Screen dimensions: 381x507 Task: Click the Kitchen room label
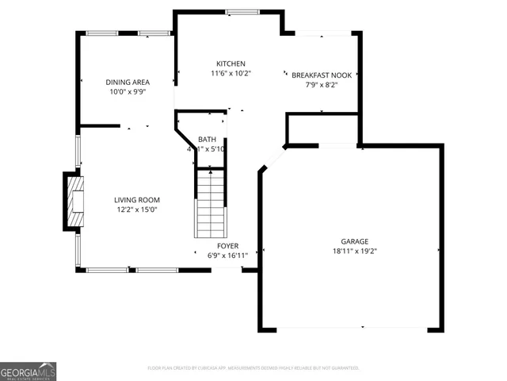(231, 63)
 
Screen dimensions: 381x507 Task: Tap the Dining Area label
(128, 82)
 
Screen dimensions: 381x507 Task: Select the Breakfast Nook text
(322, 75)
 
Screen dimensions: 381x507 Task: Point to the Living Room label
(137, 200)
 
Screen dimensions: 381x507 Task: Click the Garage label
(355, 241)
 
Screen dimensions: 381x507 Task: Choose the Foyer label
(223, 246)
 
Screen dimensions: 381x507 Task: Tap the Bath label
(207, 139)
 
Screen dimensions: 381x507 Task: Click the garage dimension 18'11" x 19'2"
(355, 252)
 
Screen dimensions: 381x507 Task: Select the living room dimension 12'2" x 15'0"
(137, 210)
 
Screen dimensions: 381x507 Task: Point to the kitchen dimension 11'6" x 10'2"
(231, 74)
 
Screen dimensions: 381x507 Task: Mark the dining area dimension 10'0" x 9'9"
(128, 92)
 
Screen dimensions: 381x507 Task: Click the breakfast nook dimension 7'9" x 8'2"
(322, 85)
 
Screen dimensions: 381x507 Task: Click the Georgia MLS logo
(28, 371)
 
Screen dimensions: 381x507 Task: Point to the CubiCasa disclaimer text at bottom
(253, 368)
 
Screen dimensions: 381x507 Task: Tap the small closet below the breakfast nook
(322, 129)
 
